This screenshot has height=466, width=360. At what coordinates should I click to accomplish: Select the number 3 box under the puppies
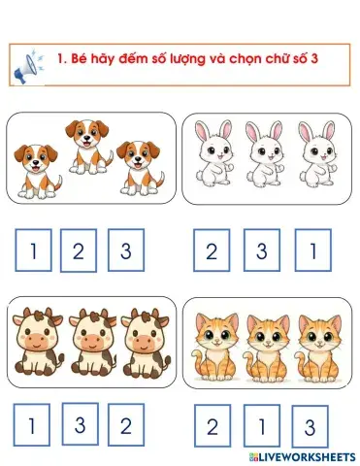[x=126, y=252]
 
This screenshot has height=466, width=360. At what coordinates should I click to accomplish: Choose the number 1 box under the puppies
[x=34, y=252]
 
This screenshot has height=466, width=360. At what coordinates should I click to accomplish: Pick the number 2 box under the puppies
[x=79, y=252]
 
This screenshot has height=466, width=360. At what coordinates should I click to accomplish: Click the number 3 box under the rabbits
[x=261, y=252]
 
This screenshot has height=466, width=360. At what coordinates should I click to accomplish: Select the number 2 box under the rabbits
[x=212, y=252]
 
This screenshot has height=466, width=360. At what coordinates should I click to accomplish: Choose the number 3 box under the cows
[x=81, y=422]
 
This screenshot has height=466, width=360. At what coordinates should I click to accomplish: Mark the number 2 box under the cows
[x=125, y=425]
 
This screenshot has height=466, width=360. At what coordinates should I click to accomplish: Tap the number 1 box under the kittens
[x=260, y=425]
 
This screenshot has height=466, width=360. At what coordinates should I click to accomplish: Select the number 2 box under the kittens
[x=212, y=425]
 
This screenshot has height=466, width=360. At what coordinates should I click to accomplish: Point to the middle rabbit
[x=261, y=152]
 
